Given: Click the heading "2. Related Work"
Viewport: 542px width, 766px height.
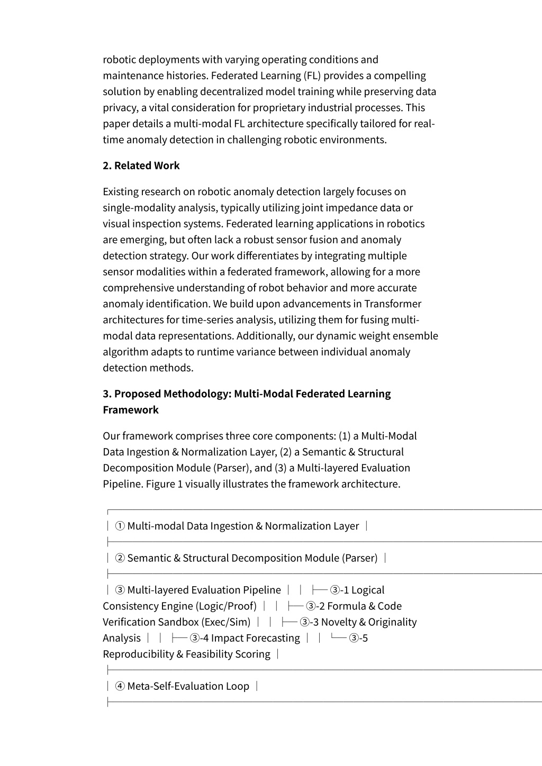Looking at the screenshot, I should (141, 166).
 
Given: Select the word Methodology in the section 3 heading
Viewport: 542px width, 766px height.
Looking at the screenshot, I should (197, 394).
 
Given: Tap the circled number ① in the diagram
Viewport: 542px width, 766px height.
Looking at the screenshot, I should (120, 526).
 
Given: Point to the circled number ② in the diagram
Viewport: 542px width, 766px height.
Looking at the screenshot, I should (120, 558).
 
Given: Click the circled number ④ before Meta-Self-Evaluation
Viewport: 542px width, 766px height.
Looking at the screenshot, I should (120, 686).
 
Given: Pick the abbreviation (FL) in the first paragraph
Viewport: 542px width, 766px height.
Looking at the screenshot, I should (312, 76).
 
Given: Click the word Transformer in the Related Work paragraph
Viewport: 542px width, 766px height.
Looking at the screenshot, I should (393, 304).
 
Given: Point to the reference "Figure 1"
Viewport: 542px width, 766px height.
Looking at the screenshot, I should (164, 484).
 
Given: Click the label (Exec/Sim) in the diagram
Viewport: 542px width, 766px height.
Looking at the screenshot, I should (225, 622).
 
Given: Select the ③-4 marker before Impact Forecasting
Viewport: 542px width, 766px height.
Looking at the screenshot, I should (199, 638).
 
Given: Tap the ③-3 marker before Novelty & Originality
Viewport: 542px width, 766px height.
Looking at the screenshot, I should (309, 622).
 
